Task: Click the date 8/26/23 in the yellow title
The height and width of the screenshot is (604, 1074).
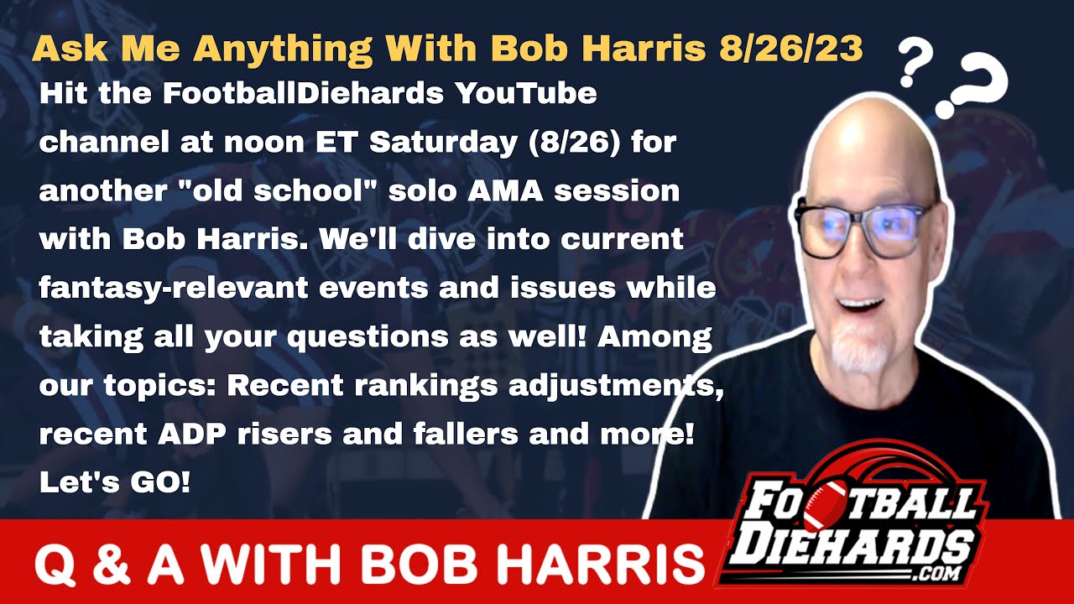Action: [791, 48]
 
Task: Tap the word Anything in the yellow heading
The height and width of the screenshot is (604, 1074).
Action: [283, 49]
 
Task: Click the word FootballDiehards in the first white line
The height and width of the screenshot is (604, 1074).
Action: [303, 93]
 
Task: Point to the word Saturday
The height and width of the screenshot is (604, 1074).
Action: [442, 143]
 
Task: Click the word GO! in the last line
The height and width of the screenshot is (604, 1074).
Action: [160, 482]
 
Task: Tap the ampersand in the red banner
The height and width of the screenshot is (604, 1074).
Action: [112, 564]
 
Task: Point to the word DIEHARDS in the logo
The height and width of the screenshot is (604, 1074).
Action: [848, 550]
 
